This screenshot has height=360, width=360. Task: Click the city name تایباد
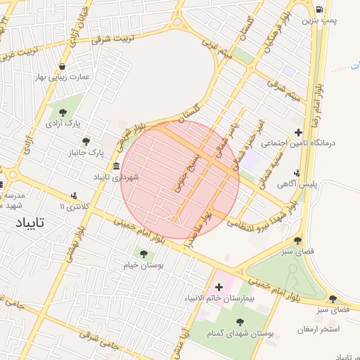[29, 223]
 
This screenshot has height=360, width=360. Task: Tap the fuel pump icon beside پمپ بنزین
[321, 10]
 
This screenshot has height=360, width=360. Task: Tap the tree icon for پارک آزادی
[63, 112]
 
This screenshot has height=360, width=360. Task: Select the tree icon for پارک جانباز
[86, 141]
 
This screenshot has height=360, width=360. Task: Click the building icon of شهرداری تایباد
[115, 166]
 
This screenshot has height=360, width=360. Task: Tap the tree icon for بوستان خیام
[143, 254]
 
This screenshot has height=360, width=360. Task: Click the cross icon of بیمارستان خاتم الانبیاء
[219, 287]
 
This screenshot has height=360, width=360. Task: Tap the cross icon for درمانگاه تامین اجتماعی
[299, 132]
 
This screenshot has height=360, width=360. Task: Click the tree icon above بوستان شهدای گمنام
[240, 322]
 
